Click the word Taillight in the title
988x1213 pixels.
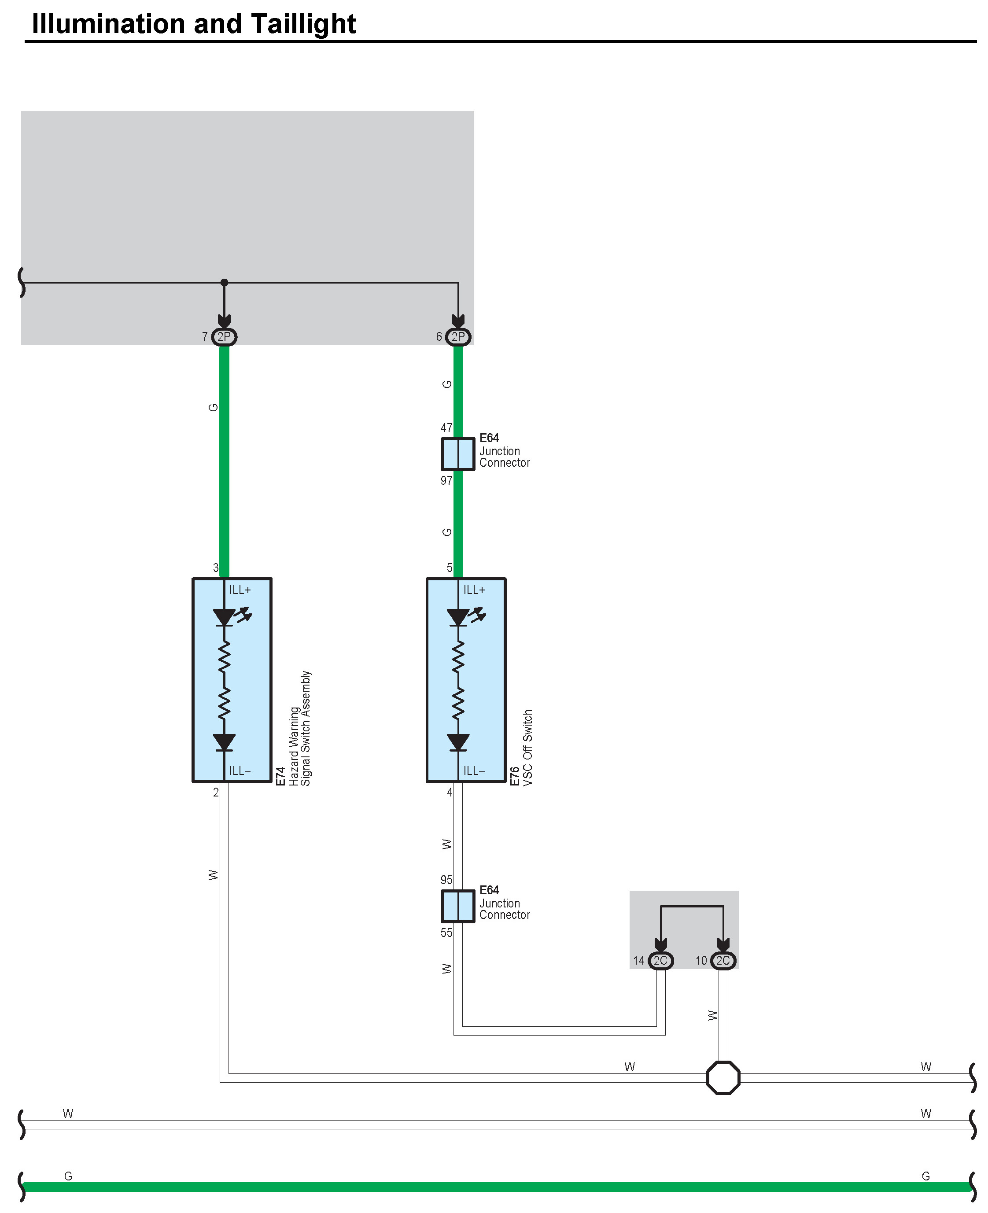[303, 24]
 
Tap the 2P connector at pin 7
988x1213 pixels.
[224, 337]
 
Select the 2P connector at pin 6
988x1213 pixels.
[458, 337]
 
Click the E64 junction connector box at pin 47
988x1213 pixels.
[458, 453]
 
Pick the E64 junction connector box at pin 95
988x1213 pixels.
[458, 906]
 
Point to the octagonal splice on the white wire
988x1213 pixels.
[723, 1077]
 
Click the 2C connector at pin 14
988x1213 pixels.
[660, 961]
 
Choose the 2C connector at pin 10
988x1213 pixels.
[723, 961]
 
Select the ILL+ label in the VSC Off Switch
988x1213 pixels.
[474, 590]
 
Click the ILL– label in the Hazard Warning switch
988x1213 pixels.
[240, 771]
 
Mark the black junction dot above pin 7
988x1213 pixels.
[224, 282]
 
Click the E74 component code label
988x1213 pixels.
[280, 776]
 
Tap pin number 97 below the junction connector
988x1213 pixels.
[446, 480]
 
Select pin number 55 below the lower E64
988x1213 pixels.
[446, 933]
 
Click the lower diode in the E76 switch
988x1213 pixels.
[458, 742]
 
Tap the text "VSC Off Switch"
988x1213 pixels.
[527, 747]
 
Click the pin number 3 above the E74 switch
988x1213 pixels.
[216, 568]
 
